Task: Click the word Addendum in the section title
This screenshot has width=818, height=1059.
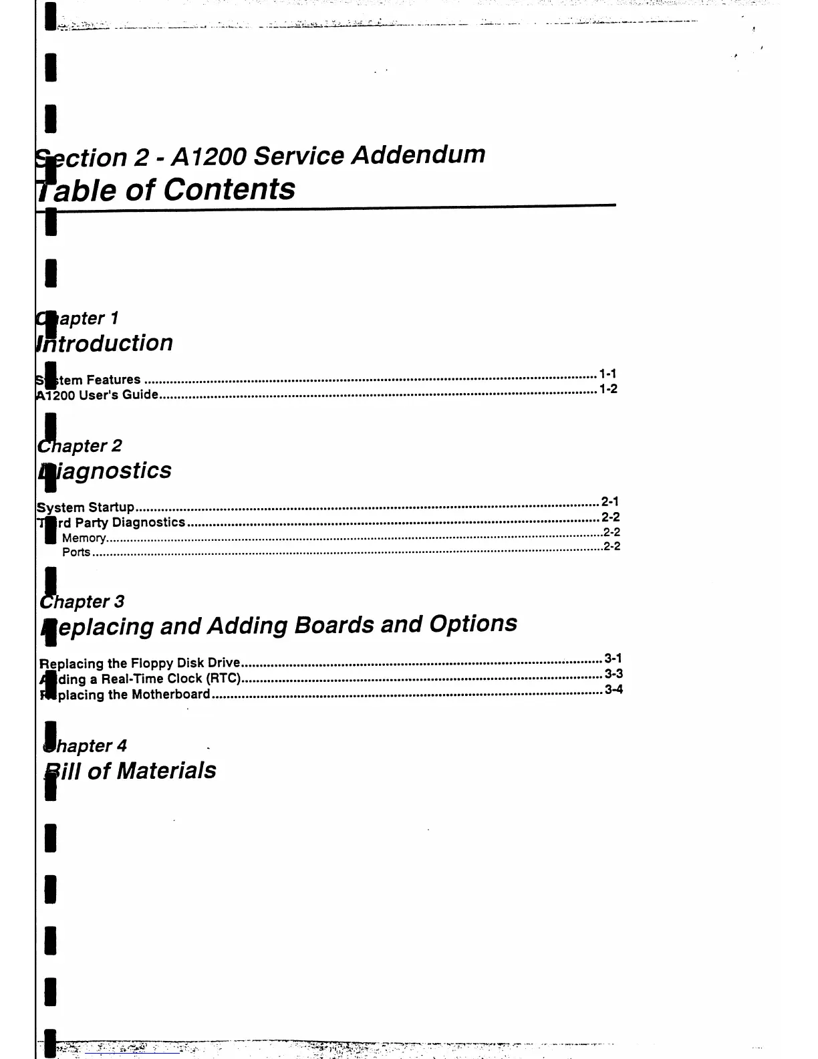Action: (x=418, y=154)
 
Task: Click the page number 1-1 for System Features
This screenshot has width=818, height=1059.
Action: (x=607, y=374)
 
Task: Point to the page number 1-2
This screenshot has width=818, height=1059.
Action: (x=608, y=388)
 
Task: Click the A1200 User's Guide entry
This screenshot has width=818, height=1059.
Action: (x=98, y=394)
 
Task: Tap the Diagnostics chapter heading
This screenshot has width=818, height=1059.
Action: (x=106, y=471)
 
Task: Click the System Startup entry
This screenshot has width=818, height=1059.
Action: (x=86, y=507)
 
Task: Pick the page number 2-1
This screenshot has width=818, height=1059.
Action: (x=609, y=501)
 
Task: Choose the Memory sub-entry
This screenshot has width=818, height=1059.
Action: (x=84, y=538)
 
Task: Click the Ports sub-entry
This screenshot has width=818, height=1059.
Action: (x=76, y=552)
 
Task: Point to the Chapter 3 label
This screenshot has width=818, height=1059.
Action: (x=83, y=602)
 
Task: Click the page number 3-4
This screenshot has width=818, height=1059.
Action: (x=613, y=689)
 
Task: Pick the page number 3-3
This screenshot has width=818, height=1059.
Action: (x=613, y=674)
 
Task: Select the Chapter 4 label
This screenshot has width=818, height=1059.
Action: (x=86, y=746)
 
